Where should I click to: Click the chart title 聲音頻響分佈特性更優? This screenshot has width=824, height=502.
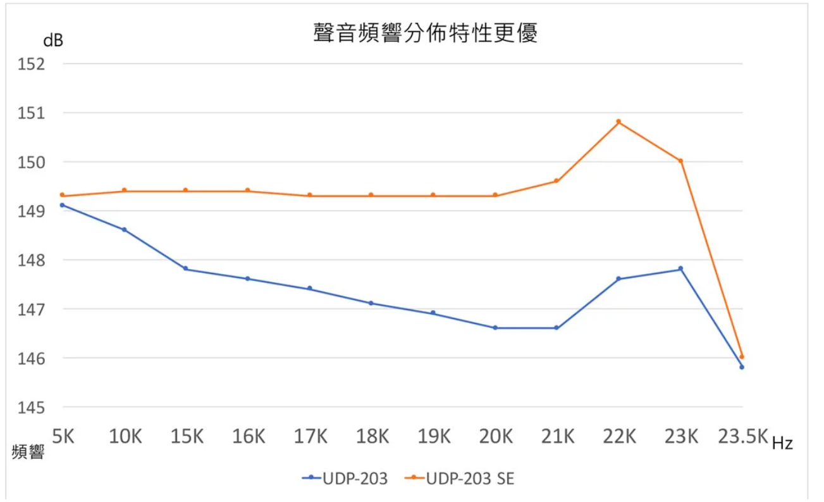[x=425, y=33]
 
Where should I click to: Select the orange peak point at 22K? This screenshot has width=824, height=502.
[x=618, y=122]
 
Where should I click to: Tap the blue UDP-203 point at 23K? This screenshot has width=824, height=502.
[x=680, y=269]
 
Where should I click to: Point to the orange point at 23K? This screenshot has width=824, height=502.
[x=680, y=161]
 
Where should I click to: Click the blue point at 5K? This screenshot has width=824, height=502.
[x=63, y=205]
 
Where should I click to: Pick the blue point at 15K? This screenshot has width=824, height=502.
[x=186, y=269]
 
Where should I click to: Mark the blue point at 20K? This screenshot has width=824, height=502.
[x=495, y=328]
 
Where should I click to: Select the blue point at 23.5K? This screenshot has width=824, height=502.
[x=742, y=367]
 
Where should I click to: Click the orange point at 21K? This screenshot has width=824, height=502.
[x=557, y=181]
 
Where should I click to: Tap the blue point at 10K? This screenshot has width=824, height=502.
[x=125, y=230]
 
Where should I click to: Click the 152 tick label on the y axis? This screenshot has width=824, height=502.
[x=35, y=64]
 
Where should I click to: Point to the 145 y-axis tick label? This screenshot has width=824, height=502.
[x=35, y=407]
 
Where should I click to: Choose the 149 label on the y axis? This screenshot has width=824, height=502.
[x=35, y=211]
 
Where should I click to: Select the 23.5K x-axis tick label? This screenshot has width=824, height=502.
[x=742, y=436]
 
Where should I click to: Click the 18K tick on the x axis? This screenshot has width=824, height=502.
[x=372, y=436]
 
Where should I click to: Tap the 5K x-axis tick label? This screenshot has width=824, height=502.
[x=63, y=436]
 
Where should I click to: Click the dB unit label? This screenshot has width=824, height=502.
[x=53, y=41]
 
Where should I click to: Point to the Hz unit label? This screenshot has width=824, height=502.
[x=782, y=444]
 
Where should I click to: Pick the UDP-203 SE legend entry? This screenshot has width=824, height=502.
[x=460, y=479]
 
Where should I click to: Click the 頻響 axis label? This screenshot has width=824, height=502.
[x=28, y=452]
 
